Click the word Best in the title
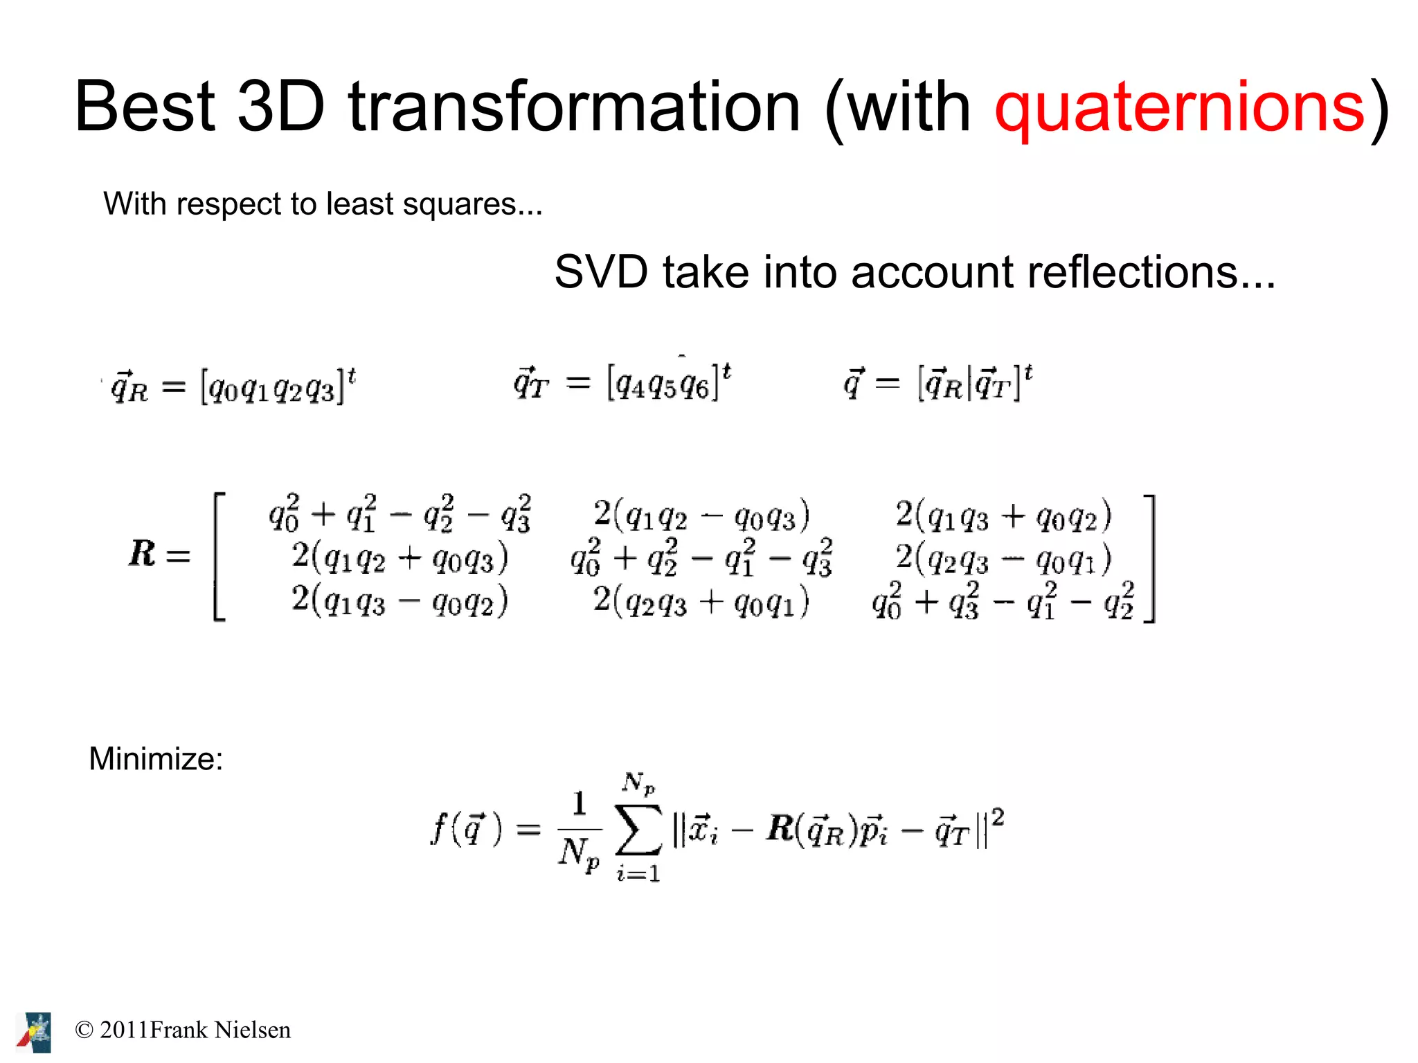145,107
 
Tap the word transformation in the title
574,107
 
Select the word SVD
601,271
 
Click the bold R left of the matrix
142,554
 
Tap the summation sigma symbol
638,830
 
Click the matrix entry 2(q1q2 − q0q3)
701,515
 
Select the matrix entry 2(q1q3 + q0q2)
1003,515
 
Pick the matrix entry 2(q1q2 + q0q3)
400,557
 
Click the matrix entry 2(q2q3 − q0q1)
1003,558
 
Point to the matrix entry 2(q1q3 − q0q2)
400,600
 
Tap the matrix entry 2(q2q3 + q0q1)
701,601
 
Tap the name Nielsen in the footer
253,1030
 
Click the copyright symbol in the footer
84,1030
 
